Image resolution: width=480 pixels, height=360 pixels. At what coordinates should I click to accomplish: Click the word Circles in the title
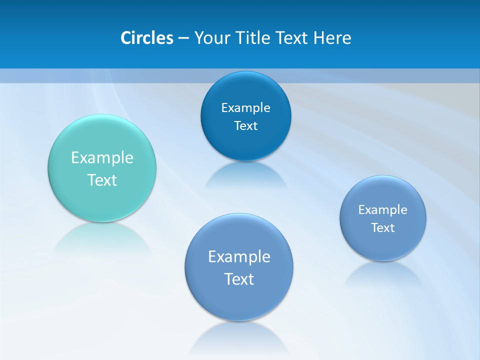[x=147, y=38]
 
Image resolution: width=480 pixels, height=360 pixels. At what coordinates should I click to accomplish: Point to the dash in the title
[x=183, y=38]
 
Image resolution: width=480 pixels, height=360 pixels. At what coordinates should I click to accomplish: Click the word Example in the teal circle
[x=102, y=158]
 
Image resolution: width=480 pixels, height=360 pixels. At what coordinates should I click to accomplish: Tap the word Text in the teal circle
[x=102, y=180]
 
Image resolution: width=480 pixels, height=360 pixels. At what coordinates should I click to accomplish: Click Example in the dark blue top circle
[x=245, y=107]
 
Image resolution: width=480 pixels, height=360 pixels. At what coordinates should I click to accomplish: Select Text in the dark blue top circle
[x=245, y=125]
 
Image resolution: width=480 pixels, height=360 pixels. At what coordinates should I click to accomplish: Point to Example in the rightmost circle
[x=383, y=209]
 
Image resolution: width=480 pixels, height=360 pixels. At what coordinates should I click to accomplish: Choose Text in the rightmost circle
[x=383, y=227]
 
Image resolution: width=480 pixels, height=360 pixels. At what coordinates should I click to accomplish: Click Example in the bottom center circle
[x=239, y=256]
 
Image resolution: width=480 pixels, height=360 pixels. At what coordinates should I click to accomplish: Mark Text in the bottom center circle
[x=239, y=278]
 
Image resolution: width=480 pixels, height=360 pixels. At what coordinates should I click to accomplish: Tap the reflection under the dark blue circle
[x=245, y=175]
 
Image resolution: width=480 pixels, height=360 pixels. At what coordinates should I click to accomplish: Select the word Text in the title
[x=292, y=38]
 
